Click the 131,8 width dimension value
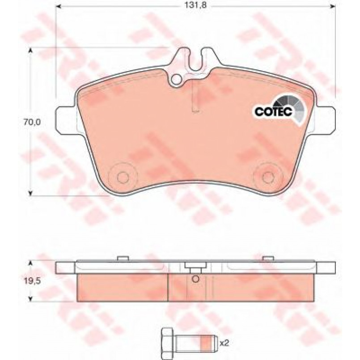point(196,5)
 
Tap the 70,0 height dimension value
point(32,122)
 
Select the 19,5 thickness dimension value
point(32,281)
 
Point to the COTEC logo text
point(273,112)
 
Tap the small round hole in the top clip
point(177,79)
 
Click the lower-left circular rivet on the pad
point(123,177)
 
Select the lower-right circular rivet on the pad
point(267,177)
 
